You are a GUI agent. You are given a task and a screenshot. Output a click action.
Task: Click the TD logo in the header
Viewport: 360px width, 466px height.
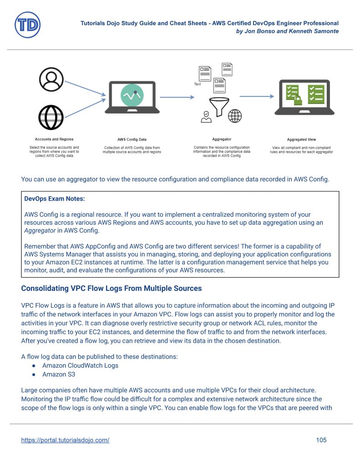(x=27, y=25)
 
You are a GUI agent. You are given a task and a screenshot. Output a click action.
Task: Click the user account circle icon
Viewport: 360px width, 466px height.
(x=51, y=80)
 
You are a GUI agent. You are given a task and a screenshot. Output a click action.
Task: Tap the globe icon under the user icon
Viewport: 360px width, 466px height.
(x=51, y=116)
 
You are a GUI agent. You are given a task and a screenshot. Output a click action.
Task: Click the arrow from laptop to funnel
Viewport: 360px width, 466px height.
(x=177, y=97)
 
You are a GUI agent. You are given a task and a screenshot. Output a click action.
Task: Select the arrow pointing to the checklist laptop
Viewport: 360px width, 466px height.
(x=257, y=96)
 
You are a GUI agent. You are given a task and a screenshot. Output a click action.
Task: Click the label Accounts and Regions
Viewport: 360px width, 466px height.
(x=54, y=139)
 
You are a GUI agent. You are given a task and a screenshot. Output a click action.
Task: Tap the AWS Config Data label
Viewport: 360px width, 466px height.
(x=132, y=139)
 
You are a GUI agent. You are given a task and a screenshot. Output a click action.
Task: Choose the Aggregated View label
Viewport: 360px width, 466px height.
(x=301, y=139)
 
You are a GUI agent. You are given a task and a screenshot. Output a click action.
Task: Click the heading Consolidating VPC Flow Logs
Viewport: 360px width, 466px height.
(x=112, y=289)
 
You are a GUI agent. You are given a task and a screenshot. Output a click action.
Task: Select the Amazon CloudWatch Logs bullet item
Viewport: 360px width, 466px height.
(x=80, y=365)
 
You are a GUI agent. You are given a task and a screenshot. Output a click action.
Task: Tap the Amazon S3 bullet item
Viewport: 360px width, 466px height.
(x=59, y=374)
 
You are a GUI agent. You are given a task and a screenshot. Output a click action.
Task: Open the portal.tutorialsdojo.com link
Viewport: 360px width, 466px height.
(x=65, y=440)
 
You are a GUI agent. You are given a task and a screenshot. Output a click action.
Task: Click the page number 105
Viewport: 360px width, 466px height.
(x=321, y=440)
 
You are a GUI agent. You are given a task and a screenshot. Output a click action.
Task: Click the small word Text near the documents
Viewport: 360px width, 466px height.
(x=198, y=84)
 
